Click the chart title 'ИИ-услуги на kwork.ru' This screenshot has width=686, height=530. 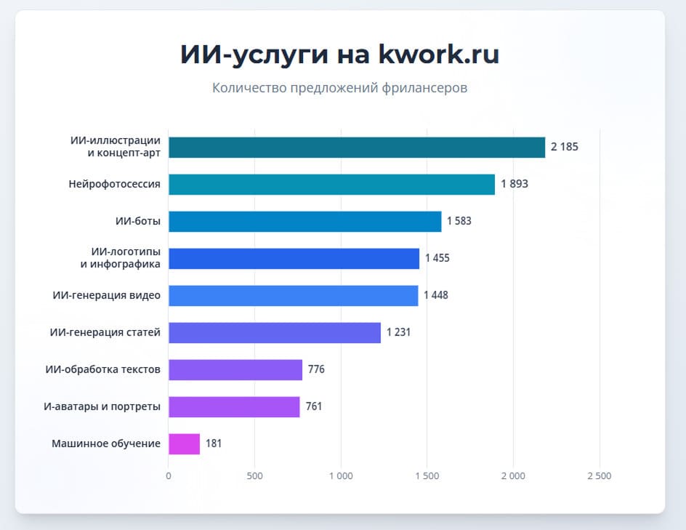339,55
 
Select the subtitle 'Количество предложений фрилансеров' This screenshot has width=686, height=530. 339,88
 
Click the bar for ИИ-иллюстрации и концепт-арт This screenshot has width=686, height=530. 356,147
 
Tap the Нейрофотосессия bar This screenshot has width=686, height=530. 331,184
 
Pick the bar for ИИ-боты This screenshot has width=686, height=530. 304,221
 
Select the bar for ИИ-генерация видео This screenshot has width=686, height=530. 293,295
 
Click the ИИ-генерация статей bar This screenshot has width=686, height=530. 274,332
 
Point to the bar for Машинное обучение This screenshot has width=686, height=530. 184,443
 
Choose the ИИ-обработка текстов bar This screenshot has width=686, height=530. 235,369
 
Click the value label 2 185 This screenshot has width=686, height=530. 565,147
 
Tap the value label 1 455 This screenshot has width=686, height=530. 437,258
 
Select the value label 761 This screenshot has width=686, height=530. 314,406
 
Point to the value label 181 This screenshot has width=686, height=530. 214,443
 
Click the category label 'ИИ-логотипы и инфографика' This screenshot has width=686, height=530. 120,258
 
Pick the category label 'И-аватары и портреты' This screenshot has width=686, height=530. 102,406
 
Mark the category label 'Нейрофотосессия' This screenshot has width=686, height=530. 114,184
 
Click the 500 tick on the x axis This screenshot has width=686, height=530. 254,476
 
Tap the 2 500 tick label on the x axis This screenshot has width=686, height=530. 599,476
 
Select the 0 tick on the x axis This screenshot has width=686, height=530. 169,476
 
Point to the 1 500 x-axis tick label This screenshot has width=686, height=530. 427,476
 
